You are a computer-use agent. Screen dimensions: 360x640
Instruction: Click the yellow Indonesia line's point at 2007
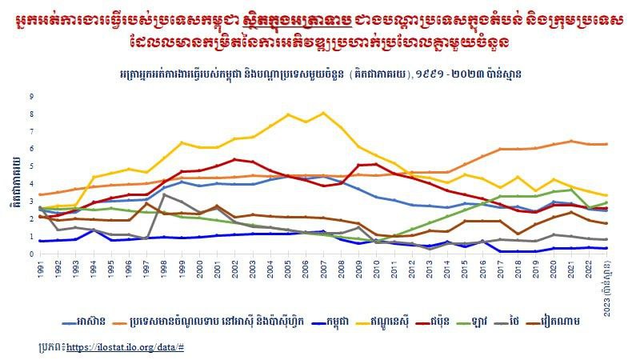click(323, 113)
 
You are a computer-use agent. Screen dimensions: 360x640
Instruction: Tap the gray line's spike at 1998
click(164, 194)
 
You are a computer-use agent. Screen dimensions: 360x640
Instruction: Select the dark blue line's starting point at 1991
click(40, 241)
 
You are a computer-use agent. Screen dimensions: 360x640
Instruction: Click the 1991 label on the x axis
click(40, 269)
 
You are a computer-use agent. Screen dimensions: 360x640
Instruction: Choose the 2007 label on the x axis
click(323, 269)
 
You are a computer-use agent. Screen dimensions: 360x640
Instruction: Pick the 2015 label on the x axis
click(464, 269)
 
